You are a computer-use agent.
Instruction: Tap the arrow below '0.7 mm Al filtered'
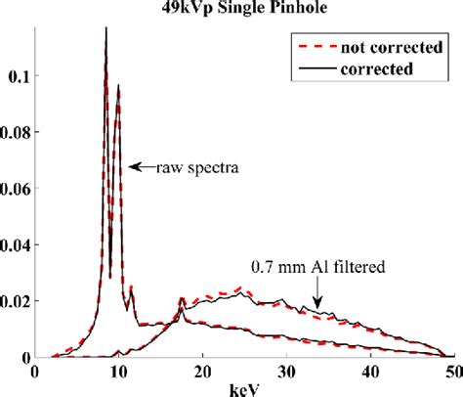point(316,289)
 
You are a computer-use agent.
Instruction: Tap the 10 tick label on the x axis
point(118,372)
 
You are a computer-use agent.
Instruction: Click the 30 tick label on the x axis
point(286,372)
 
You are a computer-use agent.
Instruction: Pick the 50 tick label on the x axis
point(453,372)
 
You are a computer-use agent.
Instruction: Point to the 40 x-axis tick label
point(370,372)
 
